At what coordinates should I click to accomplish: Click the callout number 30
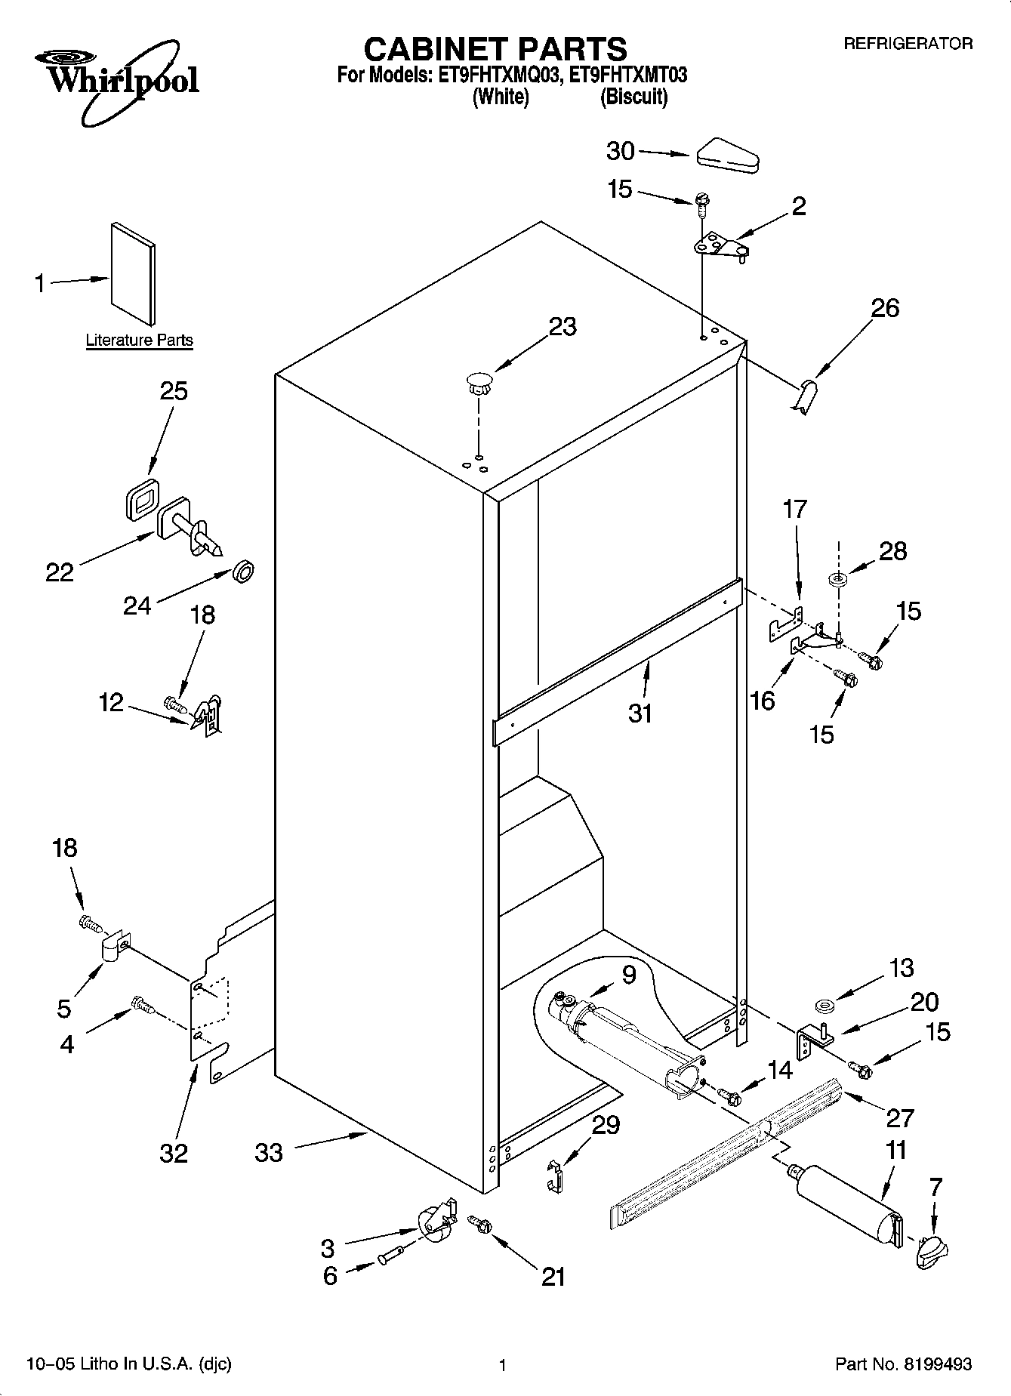click(621, 151)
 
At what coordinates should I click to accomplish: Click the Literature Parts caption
click(139, 341)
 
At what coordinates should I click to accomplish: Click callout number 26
click(885, 308)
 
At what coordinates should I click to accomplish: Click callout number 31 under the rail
click(640, 713)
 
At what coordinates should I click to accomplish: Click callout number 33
click(269, 1152)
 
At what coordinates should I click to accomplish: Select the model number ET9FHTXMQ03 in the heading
click(494, 76)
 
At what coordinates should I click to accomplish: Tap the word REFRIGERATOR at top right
click(908, 44)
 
